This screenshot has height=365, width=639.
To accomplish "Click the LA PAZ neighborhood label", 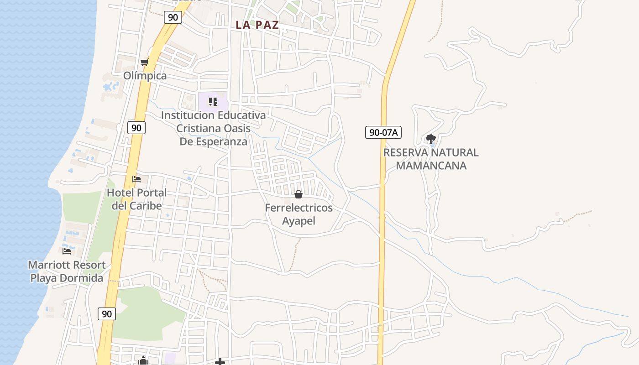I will (x=257, y=25).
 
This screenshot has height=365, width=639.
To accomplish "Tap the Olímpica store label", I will (x=145, y=76).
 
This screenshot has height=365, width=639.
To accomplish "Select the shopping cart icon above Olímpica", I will (x=144, y=62).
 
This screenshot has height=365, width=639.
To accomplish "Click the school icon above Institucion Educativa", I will (x=213, y=101).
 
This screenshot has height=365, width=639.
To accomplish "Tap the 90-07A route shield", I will (x=383, y=133).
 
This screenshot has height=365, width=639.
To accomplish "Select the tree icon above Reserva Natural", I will (x=430, y=139).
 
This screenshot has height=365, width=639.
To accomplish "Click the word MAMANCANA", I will (x=431, y=165).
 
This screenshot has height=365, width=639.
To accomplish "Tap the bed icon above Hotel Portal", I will (x=136, y=179).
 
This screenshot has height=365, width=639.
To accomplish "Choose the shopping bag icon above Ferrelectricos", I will (x=299, y=194).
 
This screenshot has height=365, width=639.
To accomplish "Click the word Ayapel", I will (x=299, y=221).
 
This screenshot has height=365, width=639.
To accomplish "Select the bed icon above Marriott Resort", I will (x=67, y=251).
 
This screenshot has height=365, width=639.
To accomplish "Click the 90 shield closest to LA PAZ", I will (x=173, y=17).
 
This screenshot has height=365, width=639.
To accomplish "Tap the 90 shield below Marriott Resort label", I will (x=106, y=313).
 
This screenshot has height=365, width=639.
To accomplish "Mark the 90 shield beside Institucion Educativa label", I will (x=136, y=128).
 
